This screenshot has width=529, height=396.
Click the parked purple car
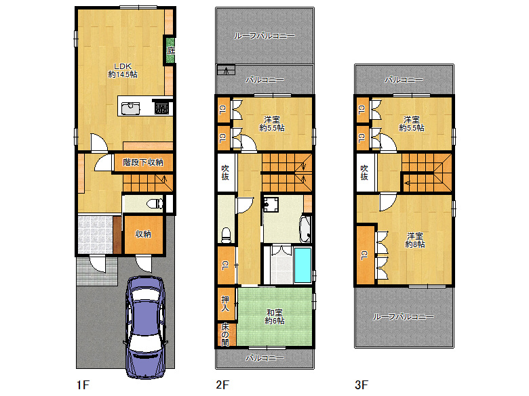[146, 327]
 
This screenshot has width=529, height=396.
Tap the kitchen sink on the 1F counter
[131, 108]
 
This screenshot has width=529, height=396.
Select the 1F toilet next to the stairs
[155, 203]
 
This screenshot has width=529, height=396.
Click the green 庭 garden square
[170, 51]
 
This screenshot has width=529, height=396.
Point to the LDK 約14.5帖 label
[123, 70]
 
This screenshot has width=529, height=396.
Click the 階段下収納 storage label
[143, 162]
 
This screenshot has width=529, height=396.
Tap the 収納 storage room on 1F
[144, 234]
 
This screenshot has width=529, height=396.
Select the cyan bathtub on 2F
[302, 265]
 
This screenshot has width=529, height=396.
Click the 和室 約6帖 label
[274, 317]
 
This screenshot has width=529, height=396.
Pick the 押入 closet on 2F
[226, 303]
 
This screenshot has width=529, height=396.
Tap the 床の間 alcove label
[225, 334]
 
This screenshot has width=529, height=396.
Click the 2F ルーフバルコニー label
[264, 36]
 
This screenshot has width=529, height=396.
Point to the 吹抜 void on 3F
[365, 173]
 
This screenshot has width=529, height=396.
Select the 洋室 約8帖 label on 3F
[415, 240]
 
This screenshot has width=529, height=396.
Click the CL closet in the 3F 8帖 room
[365, 255]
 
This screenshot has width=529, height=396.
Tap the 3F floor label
[361, 384]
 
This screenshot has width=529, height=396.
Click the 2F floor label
[222, 384]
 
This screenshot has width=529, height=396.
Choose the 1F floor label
[83, 384]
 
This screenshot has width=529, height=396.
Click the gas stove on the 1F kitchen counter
[161, 108]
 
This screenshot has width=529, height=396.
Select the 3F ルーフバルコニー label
[403, 317]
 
